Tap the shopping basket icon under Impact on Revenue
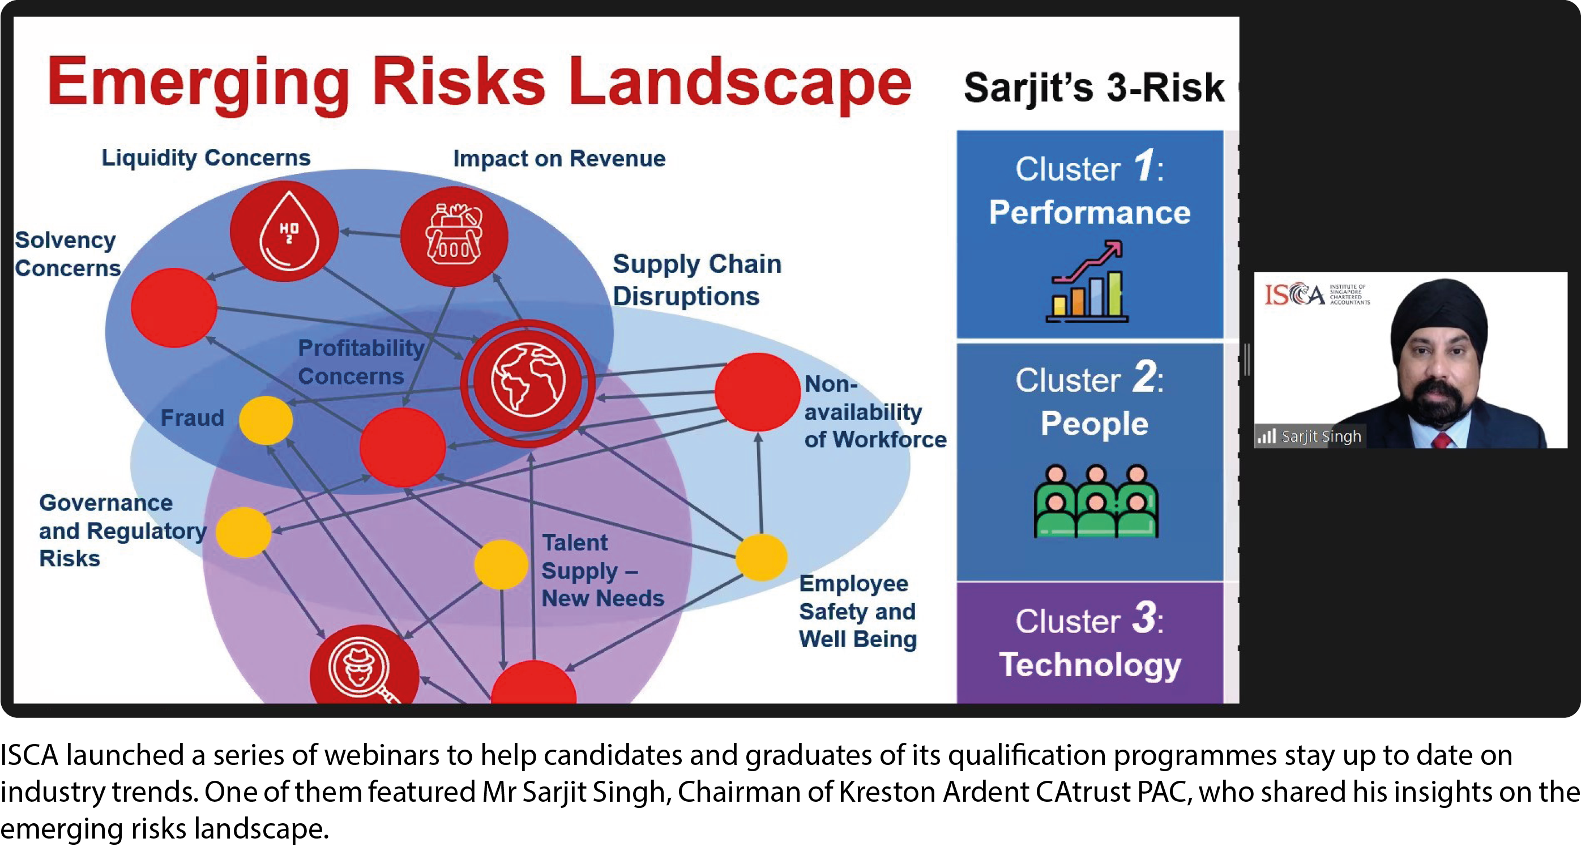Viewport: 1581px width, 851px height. (454, 236)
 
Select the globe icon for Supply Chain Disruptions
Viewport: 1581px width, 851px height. (527, 382)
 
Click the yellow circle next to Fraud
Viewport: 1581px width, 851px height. (266, 420)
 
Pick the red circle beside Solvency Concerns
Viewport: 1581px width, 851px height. (174, 307)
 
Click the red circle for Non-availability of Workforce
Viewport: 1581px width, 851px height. (757, 392)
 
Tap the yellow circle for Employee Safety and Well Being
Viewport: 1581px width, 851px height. (762, 557)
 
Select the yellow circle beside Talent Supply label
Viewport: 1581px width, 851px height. (501, 565)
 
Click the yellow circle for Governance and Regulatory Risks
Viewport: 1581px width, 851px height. (243, 532)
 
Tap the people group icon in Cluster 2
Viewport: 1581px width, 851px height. (1096, 502)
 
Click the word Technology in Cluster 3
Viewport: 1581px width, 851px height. (1090, 665)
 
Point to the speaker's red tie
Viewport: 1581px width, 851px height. (1442, 439)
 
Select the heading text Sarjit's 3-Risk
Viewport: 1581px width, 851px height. (1093, 88)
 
